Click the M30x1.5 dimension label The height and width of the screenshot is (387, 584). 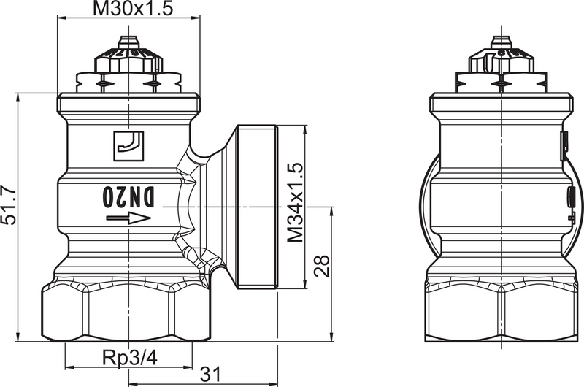[x=128, y=9]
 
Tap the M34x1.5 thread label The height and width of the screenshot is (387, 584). [x=295, y=202]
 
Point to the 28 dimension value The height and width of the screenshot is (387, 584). [x=322, y=264]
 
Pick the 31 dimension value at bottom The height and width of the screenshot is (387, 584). [x=210, y=374]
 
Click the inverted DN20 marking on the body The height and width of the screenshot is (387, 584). [x=128, y=196]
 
